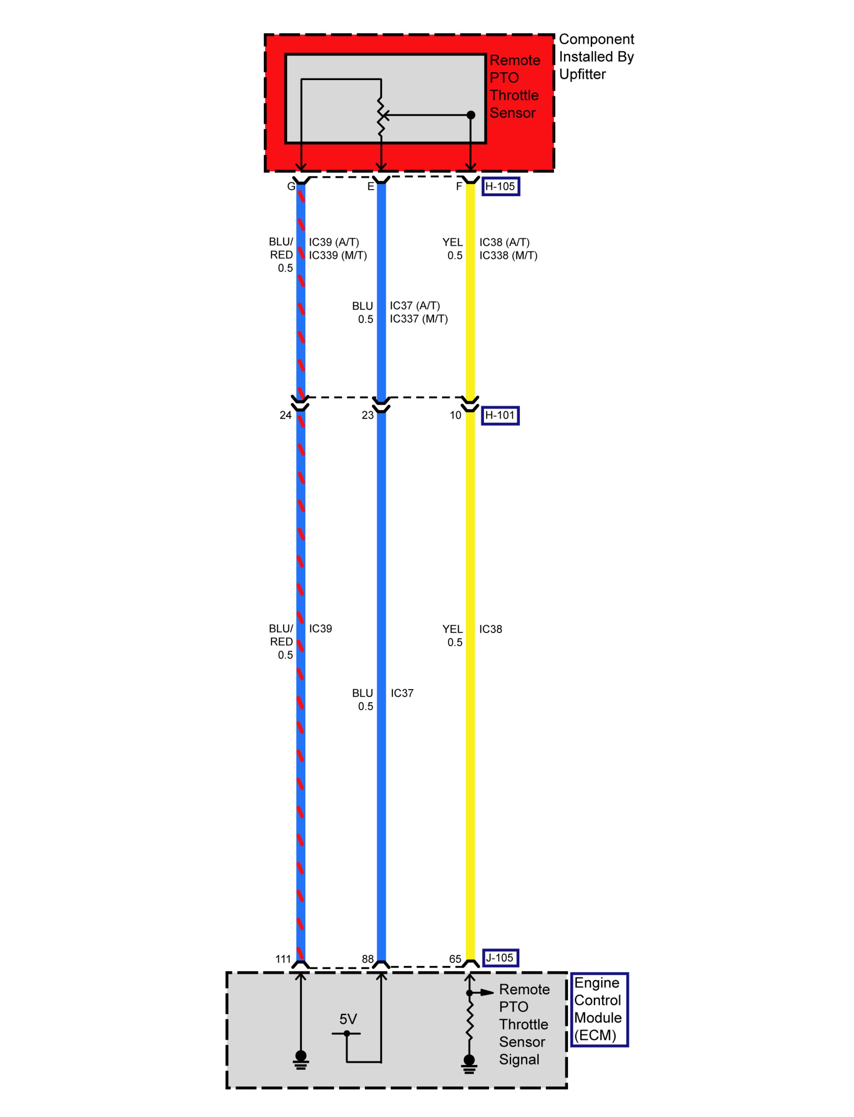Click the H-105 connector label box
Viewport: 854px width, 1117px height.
pos(500,187)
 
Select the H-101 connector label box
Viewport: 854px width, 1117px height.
pos(500,416)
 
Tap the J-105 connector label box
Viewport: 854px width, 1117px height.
pos(500,958)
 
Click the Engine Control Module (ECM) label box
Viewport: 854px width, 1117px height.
pos(599,1009)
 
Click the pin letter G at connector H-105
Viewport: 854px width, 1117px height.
pos(291,187)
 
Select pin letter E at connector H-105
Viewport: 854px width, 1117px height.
pos(371,187)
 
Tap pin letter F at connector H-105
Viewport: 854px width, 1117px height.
pos(459,187)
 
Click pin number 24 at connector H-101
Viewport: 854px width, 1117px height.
pos(286,416)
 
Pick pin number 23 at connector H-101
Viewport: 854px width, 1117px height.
pos(367,416)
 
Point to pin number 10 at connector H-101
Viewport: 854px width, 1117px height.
pos(455,416)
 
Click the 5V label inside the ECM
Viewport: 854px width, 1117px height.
pos(348,1019)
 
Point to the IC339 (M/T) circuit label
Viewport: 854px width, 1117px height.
pos(338,255)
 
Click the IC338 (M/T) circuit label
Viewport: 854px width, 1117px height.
pos(508,255)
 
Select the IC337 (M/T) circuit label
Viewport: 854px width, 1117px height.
pos(419,319)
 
